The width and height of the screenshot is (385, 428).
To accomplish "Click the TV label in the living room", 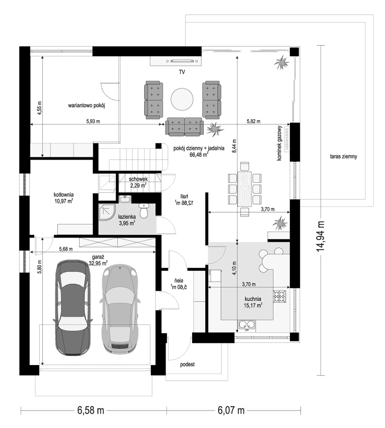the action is pyautogui.click(x=182, y=72).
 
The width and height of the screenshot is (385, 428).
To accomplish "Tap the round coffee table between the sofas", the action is pyautogui.click(x=182, y=99).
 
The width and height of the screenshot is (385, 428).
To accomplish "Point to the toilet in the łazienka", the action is pyautogui.click(x=143, y=211).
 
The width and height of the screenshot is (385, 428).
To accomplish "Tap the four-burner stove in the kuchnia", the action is pyautogui.click(x=280, y=296).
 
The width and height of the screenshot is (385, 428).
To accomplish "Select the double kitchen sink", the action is pyautogui.click(x=247, y=325).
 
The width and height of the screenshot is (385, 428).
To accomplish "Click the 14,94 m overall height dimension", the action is pyautogui.click(x=320, y=236).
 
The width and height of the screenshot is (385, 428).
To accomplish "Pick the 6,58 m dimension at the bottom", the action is pyautogui.click(x=91, y=410).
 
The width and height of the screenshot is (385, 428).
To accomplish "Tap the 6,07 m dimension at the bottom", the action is pyautogui.click(x=231, y=410).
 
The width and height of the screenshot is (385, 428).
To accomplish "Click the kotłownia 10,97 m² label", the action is pyautogui.click(x=64, y=198).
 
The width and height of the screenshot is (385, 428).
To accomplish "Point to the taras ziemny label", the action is pyautogui.click(x=343, y=157).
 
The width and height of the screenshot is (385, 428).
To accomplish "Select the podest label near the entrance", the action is pyautogui.click(x=187, y=365).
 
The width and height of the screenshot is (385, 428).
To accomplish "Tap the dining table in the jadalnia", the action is pyautogui.click(x=245, y=189).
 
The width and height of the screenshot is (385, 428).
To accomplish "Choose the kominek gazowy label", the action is pyautogui.click(x=279, y=143).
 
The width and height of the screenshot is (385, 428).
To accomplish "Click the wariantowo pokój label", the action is pyautogui.click(x=86, y=106).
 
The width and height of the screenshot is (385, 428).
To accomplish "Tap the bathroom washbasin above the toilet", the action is pyautogui.click(x=126, y=199).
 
